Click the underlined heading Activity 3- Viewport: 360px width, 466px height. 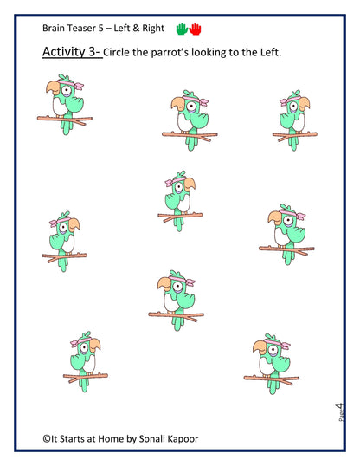tap(72, 54)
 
